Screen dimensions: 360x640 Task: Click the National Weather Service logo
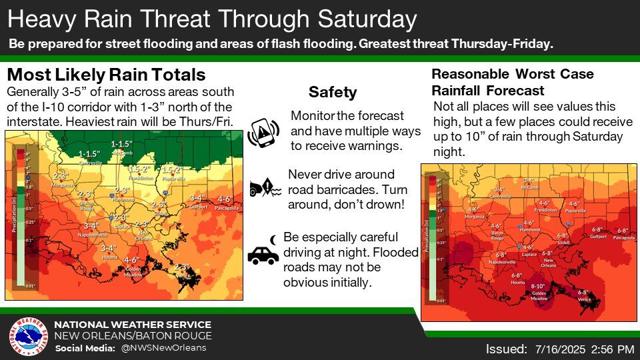tap(26, 337)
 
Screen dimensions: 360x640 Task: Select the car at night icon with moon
tap(262, 250)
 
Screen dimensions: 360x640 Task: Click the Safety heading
tap(332, 92)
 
